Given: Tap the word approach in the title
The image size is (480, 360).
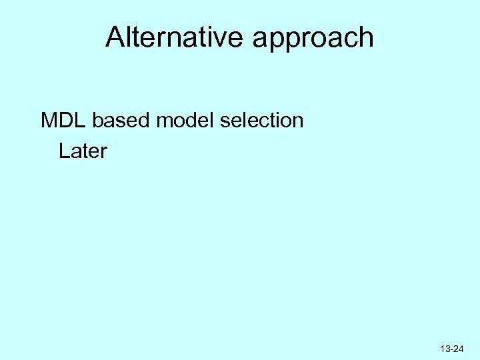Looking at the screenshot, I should pos(313,39).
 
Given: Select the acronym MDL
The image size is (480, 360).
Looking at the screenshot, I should pos(64,121).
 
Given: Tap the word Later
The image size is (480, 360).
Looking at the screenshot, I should pos(83,151).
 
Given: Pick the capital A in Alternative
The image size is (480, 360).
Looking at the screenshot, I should pos(115,37).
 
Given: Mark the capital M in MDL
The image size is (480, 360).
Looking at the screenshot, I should pos(49,121).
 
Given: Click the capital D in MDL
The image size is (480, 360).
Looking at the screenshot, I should pos(66,121).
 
